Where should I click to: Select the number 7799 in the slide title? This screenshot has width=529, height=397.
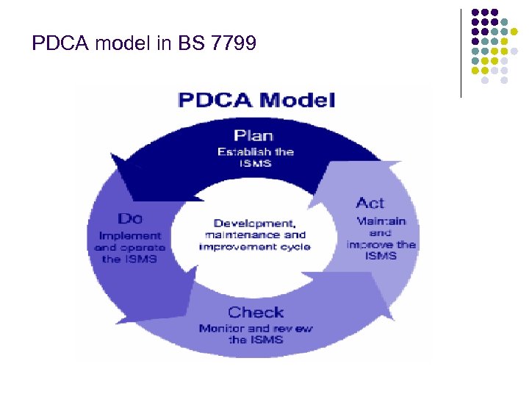(234, 45)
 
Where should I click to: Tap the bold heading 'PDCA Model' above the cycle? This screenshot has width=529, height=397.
(256, 99)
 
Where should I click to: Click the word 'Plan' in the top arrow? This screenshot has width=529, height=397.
(253, 135)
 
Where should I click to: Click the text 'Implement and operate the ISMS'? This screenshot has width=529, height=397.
(130, 247)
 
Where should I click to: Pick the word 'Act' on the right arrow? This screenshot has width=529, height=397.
(370, 203)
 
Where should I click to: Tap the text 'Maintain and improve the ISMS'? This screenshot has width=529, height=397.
(380, 237)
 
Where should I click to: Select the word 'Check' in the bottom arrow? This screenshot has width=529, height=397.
(256, 312)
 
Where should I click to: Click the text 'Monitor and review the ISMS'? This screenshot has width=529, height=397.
(256, 334)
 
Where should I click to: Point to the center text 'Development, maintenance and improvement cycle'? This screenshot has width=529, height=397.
(254, 234)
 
